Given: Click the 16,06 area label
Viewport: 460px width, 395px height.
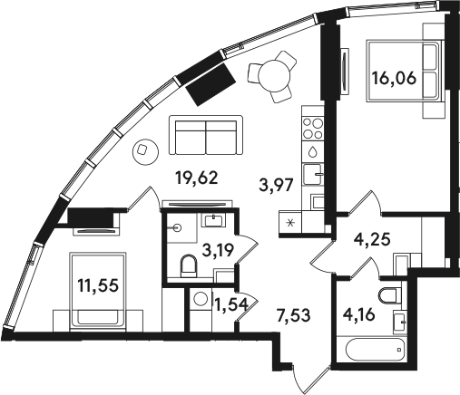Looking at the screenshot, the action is click(395, 79).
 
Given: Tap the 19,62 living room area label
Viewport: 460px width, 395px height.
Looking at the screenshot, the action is click(197, 178).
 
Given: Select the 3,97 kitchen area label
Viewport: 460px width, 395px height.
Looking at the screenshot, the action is click(276, 185).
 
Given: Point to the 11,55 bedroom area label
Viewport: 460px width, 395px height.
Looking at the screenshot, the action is click(97, 285).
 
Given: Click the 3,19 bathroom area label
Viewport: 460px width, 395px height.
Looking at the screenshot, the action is click(218, 250).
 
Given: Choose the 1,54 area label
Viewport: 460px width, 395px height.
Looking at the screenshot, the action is click(231, 304).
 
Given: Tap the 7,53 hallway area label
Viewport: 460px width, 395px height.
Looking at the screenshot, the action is click(294, 315).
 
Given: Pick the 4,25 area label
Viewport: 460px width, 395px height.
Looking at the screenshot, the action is click(372, 239).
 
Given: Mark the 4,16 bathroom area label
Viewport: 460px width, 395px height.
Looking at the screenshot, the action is click(359, 314).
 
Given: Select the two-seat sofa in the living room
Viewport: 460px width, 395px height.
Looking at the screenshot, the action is click(206, 135).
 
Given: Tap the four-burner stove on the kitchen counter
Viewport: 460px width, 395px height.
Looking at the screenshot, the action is click(313, 128).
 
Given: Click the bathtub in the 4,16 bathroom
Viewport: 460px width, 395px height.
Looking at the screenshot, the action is click(376, 349).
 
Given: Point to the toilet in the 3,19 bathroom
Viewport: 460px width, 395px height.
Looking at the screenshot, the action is click(189, 265).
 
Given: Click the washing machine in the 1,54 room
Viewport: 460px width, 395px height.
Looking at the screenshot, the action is click(201, 299).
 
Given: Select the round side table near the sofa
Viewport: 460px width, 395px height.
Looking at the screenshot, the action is click(145, 152).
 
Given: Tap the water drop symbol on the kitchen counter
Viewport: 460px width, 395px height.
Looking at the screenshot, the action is click(312, 151).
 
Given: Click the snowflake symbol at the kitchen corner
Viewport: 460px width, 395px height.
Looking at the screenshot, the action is click(290, 223).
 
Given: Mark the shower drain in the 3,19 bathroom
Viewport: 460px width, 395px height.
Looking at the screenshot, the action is click(178, 228).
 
